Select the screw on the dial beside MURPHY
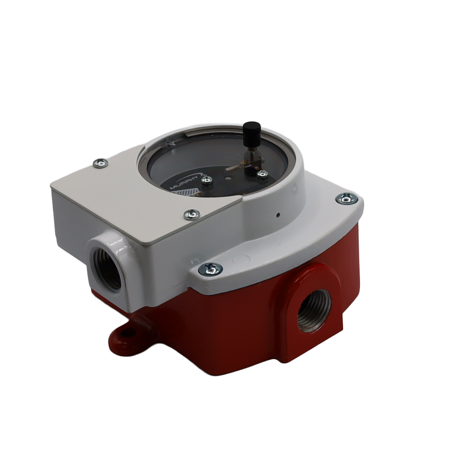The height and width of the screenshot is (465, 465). [207, 180]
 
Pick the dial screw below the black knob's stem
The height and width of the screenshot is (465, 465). [263, 174]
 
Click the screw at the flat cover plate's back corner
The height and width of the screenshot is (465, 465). [101, 163]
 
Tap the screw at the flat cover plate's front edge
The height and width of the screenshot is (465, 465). [192, 214]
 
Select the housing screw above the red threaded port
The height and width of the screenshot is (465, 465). [211, 269]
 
